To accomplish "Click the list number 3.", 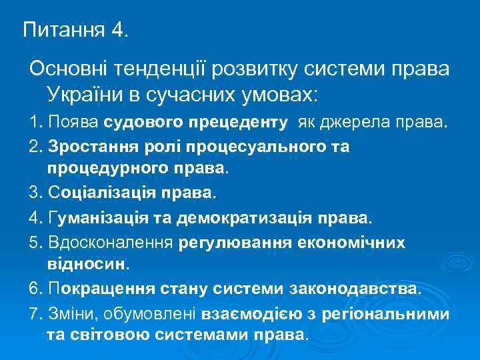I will (x=35, y=193).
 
